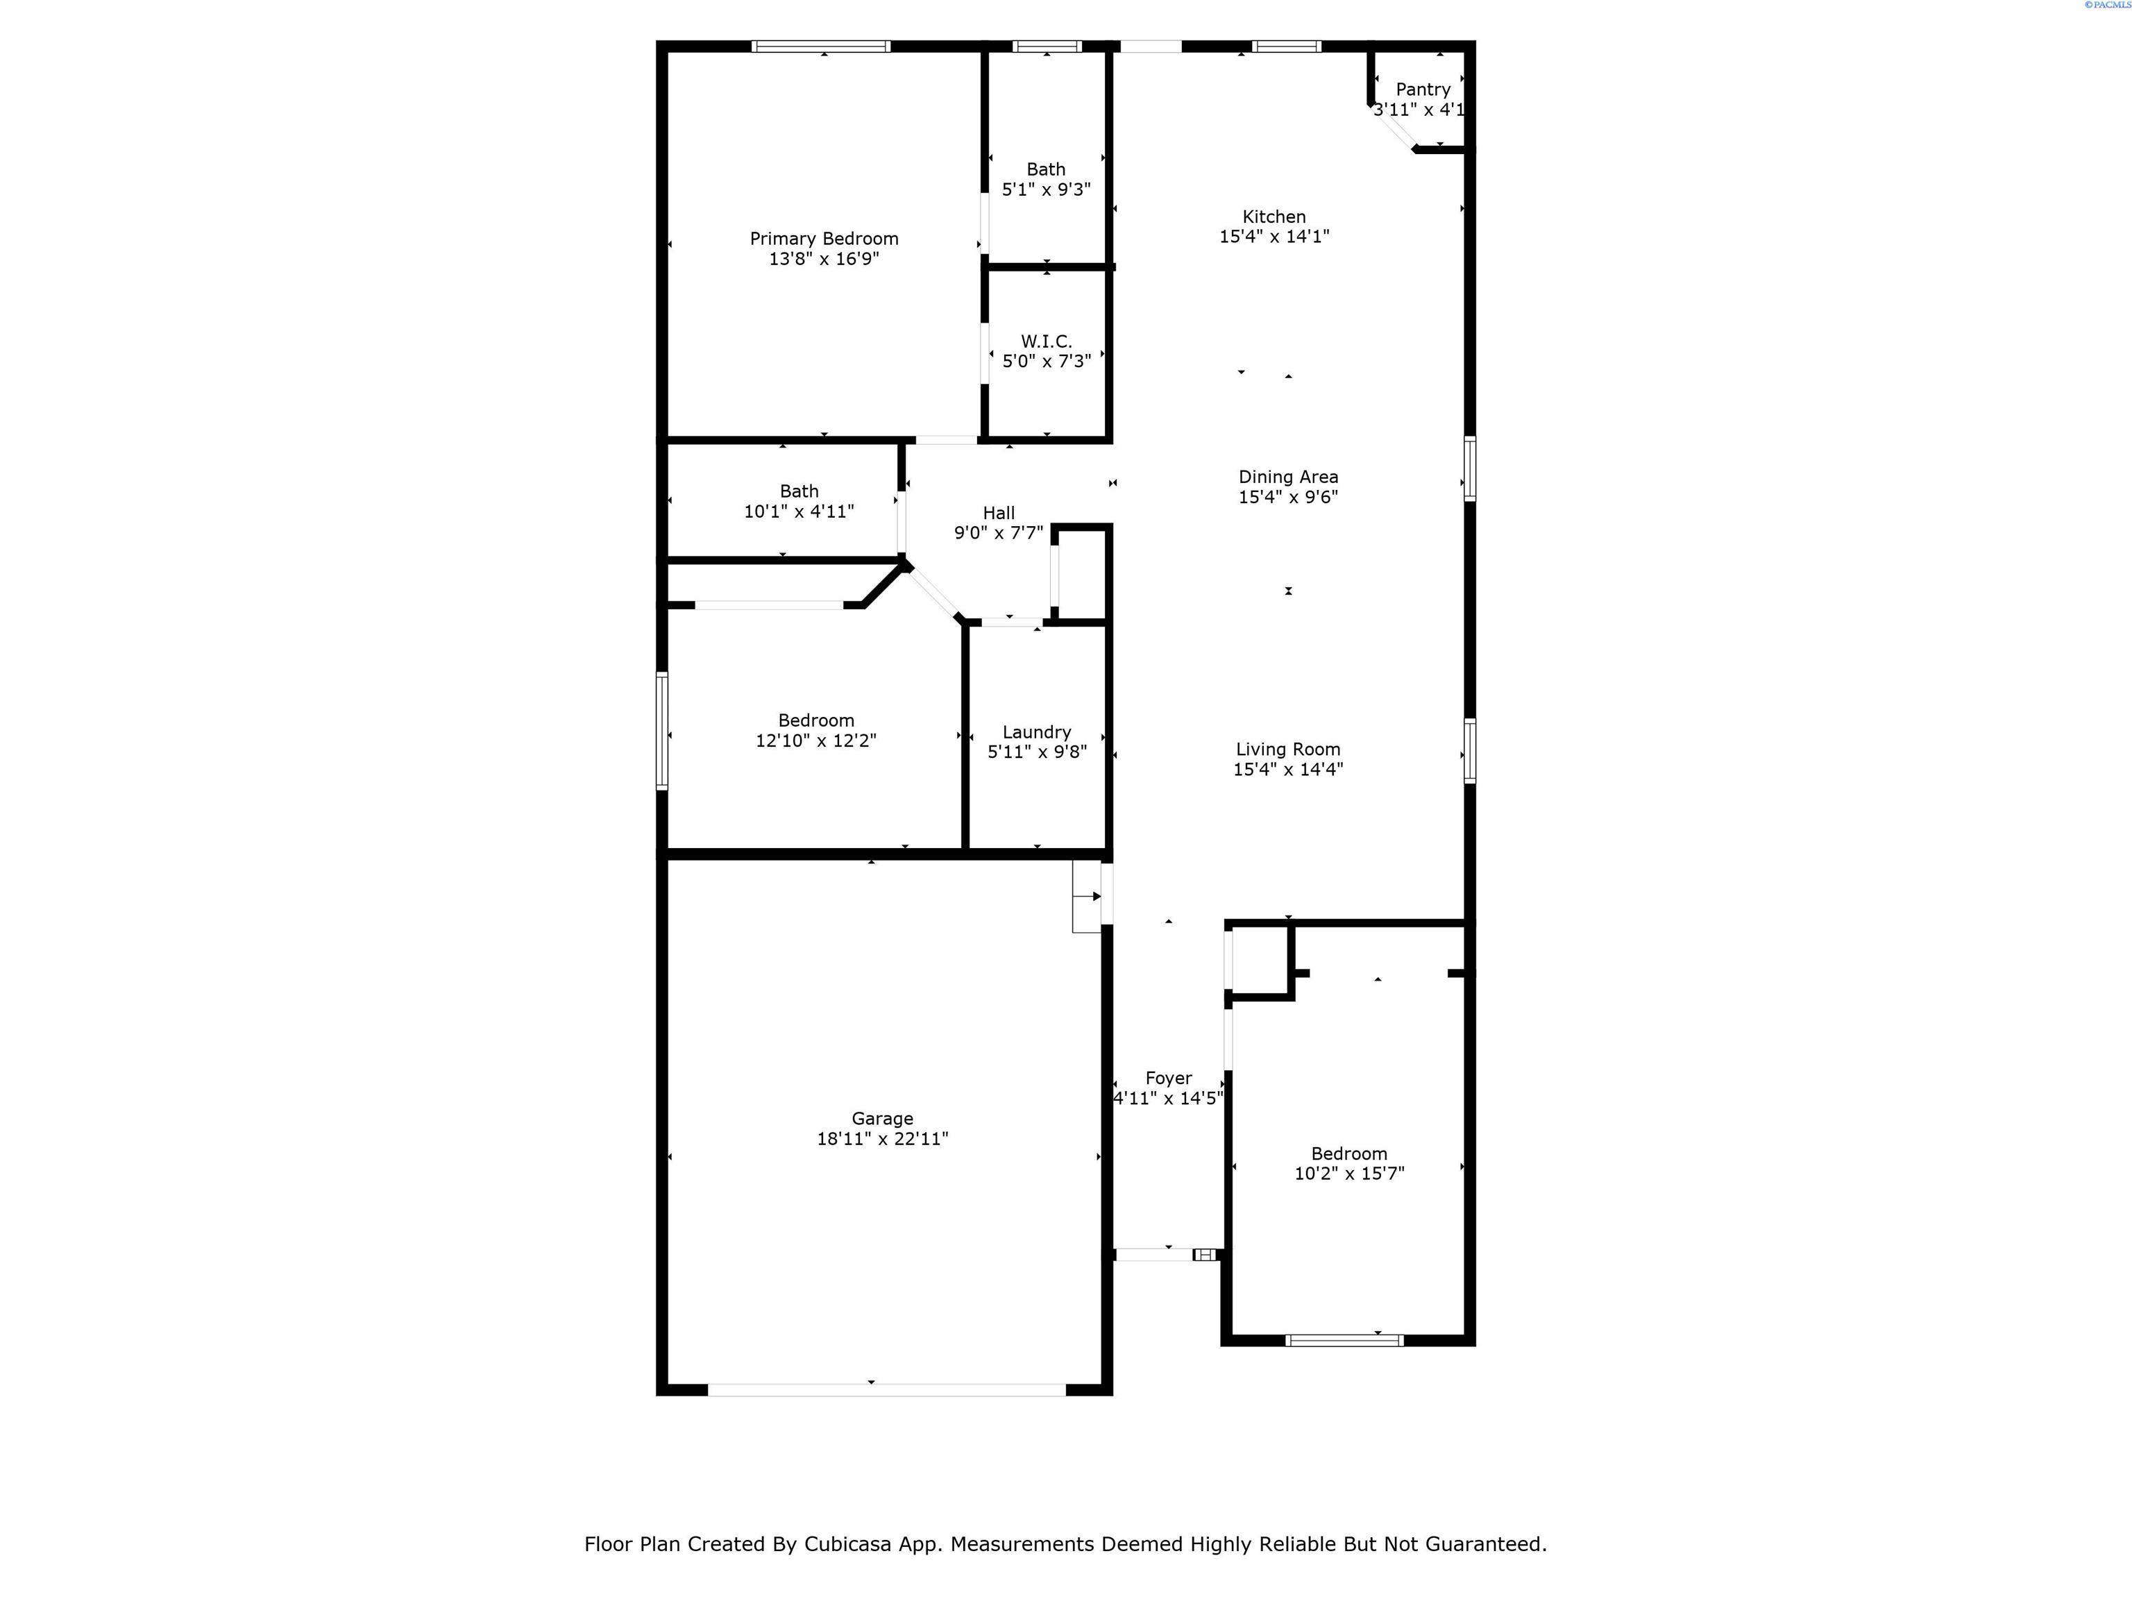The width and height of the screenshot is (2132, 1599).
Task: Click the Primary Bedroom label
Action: pos(824,239)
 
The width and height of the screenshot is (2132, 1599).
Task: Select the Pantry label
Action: pos(1423,90)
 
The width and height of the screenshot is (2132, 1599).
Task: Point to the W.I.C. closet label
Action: pos(1046,341)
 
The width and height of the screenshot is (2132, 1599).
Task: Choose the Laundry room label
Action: pos(1036,732)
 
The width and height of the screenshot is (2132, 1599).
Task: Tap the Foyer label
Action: pos(1168,1078)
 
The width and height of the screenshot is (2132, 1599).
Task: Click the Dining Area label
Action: pos(1287,477)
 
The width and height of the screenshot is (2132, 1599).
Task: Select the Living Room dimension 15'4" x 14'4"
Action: pos(1287,769)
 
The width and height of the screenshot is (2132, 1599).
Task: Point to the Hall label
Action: pos(999,513)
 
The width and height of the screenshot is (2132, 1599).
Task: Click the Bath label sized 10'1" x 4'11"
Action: pos(799,491)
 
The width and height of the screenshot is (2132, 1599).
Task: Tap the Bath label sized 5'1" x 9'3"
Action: pos(1046,169)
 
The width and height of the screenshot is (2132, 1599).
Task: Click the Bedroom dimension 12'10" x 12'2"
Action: pos(815,741)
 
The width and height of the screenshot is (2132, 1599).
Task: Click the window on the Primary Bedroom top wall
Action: pos(820,46)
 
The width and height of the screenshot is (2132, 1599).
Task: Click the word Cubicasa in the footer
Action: pos(898,1544)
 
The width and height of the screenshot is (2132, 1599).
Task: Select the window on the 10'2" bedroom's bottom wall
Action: pos(1344,1339)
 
